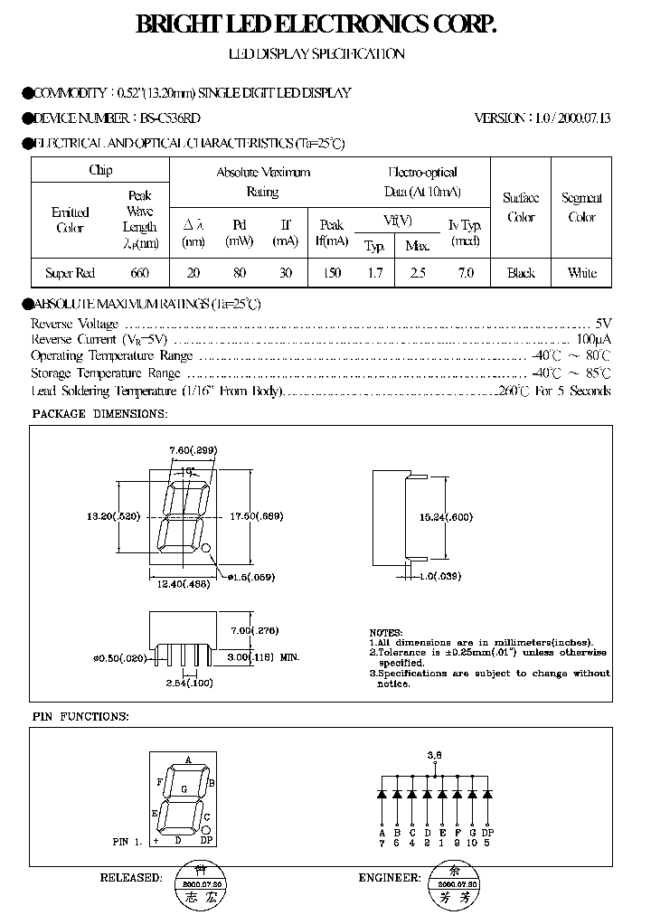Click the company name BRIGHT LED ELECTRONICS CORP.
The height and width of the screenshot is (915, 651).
[x=316, y=25]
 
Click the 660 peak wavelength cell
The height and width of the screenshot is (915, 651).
[x=139, y=272]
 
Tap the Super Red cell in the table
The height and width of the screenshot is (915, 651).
[x=70, y=272]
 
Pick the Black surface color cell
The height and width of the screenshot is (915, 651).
[x=521, y=272]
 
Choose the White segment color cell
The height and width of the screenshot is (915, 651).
[x=581, y=272]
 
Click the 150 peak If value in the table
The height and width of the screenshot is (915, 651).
[x=332, y=272]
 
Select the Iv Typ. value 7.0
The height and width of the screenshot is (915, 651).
[x=465, y=272]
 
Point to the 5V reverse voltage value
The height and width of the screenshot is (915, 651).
[x=603, y=323]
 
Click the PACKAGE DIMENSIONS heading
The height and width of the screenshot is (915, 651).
[x=99, y=413]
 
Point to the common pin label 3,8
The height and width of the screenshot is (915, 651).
[x=434, y=753]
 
